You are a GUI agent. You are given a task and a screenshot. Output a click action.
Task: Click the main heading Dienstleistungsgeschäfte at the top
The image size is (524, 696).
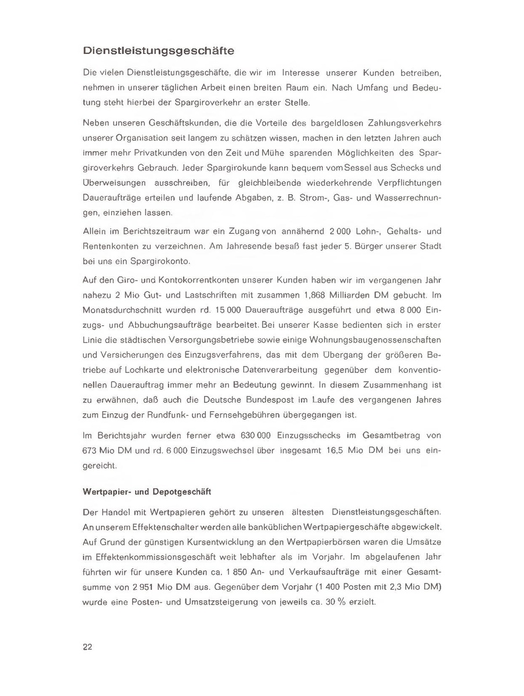158,50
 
